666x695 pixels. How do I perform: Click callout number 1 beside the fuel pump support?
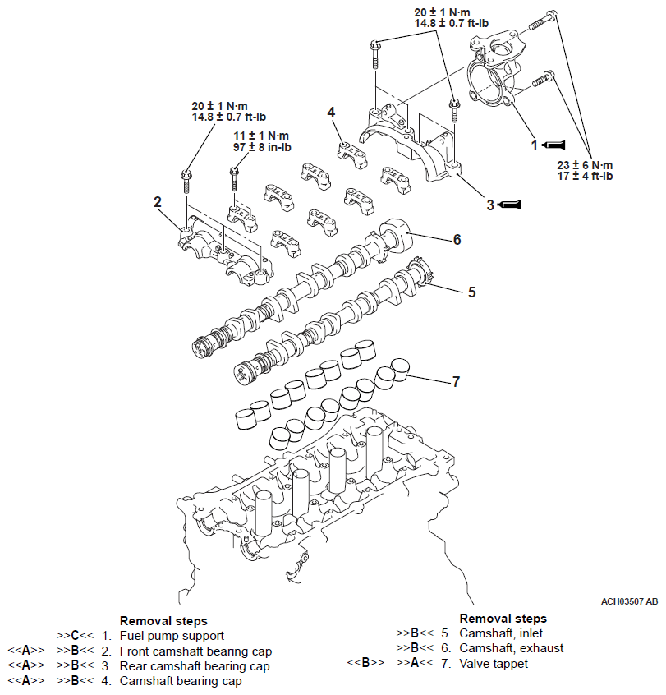click(534, 145)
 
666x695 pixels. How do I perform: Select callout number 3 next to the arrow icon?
click(490, 205)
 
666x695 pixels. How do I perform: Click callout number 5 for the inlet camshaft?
click(471, 291)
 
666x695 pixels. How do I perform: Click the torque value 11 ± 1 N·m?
click(260, 136)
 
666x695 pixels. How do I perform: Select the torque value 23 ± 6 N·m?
click(586, 164)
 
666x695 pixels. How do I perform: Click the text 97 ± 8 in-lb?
click(260, 147)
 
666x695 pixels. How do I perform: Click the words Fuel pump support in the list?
click(172, 635)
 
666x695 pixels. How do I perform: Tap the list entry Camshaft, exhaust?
click(511, 648)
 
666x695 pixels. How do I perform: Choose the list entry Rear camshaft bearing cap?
click(195, 665)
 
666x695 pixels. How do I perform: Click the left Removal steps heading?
click(163, 621)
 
